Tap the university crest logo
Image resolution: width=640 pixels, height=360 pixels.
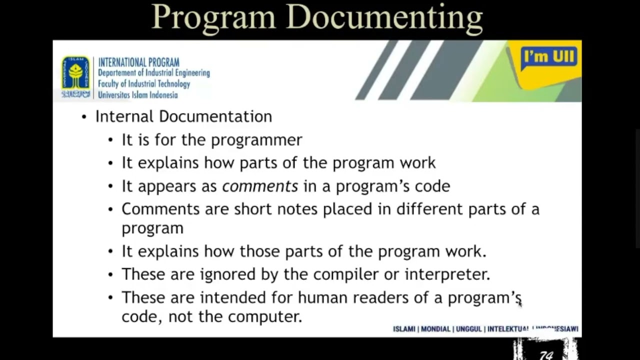[76, 76]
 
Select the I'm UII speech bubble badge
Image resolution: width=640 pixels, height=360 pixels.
[549, 58]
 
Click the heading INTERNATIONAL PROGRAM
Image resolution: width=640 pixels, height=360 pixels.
[138, 62]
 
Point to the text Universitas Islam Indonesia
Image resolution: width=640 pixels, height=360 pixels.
[137, 95]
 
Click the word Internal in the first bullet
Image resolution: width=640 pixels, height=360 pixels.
[124, 116]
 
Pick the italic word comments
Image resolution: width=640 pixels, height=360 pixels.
[260, 186]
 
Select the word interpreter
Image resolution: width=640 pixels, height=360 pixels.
[447, 274]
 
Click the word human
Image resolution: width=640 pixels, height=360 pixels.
[323, 297]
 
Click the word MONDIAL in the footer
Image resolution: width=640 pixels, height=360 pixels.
[435, 329]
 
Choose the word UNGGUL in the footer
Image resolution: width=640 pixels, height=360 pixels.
[469, 329]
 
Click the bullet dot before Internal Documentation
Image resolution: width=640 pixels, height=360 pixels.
[84, 117]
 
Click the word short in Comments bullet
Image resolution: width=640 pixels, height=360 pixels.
[253, 209]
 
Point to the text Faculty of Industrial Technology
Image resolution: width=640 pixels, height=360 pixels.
[144, 84]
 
